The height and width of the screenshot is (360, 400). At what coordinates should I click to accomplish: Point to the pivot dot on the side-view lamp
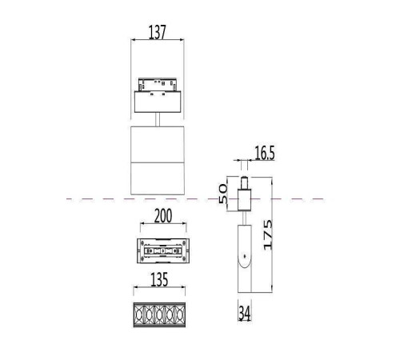[x=244, y=258]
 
